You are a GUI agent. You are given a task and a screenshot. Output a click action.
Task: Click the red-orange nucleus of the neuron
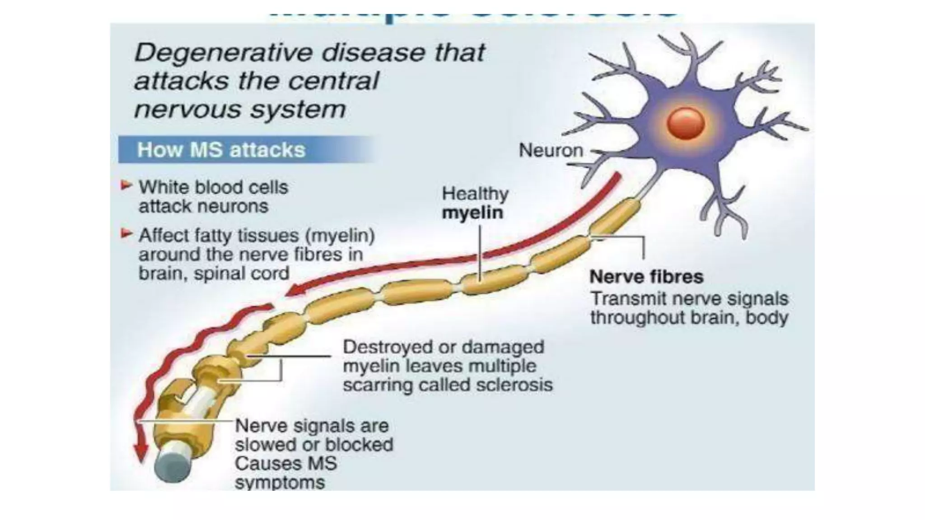(686, 123)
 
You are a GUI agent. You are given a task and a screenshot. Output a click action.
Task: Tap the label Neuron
(551, 150)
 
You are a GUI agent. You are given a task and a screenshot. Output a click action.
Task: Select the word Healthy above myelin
(475, 194)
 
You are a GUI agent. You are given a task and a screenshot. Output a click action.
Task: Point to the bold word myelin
(472, 213)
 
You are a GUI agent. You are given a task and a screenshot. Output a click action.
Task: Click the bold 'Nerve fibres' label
(646, 277)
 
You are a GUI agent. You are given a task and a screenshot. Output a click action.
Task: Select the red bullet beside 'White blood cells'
(126, 185)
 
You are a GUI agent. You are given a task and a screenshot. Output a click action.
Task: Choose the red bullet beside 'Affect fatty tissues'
(126, 233)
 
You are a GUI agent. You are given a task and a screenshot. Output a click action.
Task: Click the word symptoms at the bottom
(280, 483)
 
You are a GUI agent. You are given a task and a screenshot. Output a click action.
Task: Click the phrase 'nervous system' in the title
(240, 110)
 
